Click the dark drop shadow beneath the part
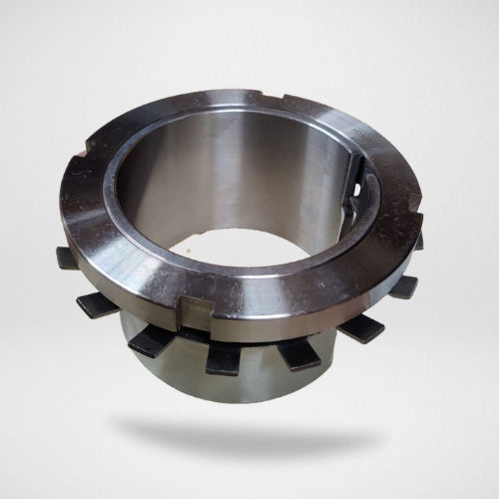tap(249, 429)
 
